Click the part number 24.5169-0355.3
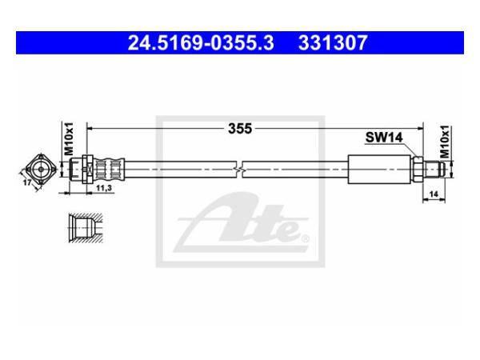pyautogui.click(x=201, y=42)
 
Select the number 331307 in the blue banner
pyautogui.click(x=333, y=42)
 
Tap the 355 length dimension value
pyautogui.click(x=240, y=129)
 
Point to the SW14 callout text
pyautogui.click(x=384, y=138)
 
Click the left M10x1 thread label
pyautogui.click(x=69, y=138)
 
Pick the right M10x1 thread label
pyautogui.click(x=446, y=142)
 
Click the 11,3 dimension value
pyautogui.click(x=104, y=188)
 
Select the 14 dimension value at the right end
pyautogui.click(x=434, y=194)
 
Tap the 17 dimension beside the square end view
pyautogui.click(x=27, y=182)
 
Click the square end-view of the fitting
pyautogui.click(x=41, y=169)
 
